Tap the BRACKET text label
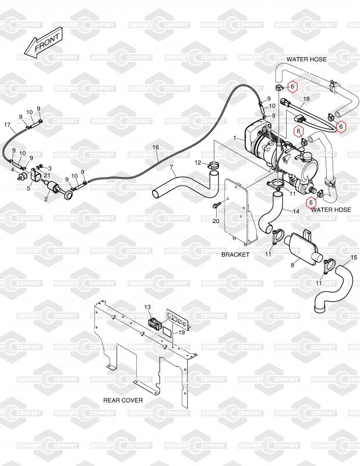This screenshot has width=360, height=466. pos(235,255)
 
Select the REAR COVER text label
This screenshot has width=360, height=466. pos(123,400)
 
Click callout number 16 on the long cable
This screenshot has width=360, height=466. pos(156,147)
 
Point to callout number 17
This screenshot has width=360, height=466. pos(8,125)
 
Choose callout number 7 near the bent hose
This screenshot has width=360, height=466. pos(172,168)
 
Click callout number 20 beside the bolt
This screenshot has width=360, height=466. pos(214,221)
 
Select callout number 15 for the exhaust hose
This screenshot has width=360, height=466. pos(354,257)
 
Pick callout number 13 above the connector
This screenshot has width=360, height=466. pos(147,307)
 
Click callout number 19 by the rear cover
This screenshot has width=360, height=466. pos(181,332)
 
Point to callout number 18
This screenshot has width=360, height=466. pos(306,100)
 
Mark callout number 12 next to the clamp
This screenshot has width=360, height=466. pos(197,163)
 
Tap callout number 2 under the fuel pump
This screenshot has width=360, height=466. pos(46,199)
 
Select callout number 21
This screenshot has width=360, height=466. pos(47,176)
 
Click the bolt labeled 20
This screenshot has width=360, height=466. pos(217,205)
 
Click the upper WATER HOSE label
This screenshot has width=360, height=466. pos(306,59)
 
